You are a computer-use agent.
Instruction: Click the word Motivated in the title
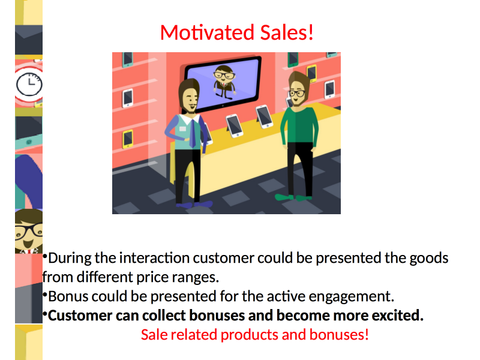207,32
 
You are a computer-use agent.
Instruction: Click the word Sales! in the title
287,32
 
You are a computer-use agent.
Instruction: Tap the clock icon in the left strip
29,84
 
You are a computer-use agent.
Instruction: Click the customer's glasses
297,93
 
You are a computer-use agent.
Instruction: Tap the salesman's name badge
182,129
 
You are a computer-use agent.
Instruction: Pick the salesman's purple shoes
194,204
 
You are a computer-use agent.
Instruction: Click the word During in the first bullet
70,258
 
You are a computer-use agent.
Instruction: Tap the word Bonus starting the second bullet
68,296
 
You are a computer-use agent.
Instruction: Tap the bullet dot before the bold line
44,313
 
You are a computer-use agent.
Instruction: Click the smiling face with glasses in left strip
29,232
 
